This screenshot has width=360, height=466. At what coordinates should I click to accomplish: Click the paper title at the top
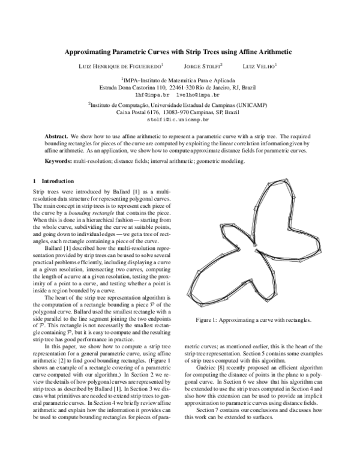click(x=179, y=52)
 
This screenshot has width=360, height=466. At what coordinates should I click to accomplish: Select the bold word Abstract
click(x=56, y=137)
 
